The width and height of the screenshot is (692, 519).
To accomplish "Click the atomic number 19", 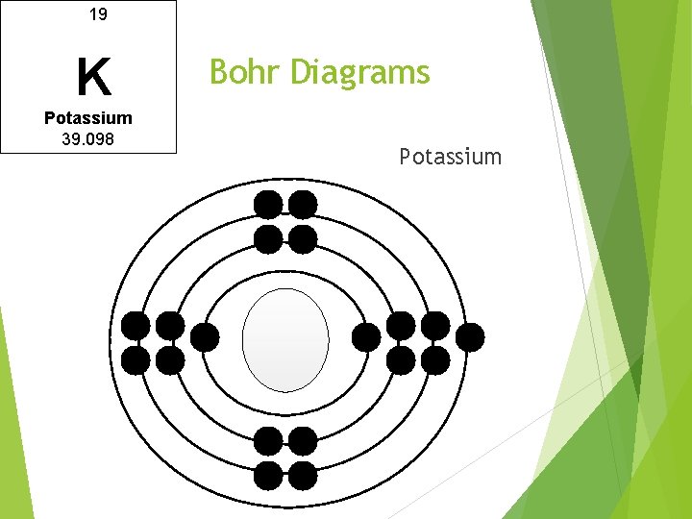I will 97,14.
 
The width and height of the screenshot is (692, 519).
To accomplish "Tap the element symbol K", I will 93,78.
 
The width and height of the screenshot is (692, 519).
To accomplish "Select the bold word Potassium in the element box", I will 88,118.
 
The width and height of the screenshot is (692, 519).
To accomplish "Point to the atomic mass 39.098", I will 88,139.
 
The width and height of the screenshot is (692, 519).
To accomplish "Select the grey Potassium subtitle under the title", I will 450,157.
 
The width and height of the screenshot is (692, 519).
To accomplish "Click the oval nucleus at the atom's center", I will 285,340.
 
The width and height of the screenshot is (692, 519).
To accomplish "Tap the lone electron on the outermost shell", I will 469,336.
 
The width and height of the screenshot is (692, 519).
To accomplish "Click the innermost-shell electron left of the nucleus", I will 205,337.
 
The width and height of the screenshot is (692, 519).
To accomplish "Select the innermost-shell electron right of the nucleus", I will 366,337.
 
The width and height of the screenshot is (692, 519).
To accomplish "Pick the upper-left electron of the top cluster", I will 268,204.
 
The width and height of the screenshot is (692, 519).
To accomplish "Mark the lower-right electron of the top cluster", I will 303,238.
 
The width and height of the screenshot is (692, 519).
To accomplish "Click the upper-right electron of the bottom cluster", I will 303,441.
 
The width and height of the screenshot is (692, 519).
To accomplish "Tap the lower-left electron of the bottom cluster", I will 268,475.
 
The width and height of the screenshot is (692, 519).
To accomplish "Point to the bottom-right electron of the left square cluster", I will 170,360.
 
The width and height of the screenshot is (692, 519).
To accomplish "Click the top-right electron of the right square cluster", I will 435,326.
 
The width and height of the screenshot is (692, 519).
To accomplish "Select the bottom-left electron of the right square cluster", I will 401,360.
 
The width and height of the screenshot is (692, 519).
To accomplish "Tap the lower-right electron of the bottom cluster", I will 303,475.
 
